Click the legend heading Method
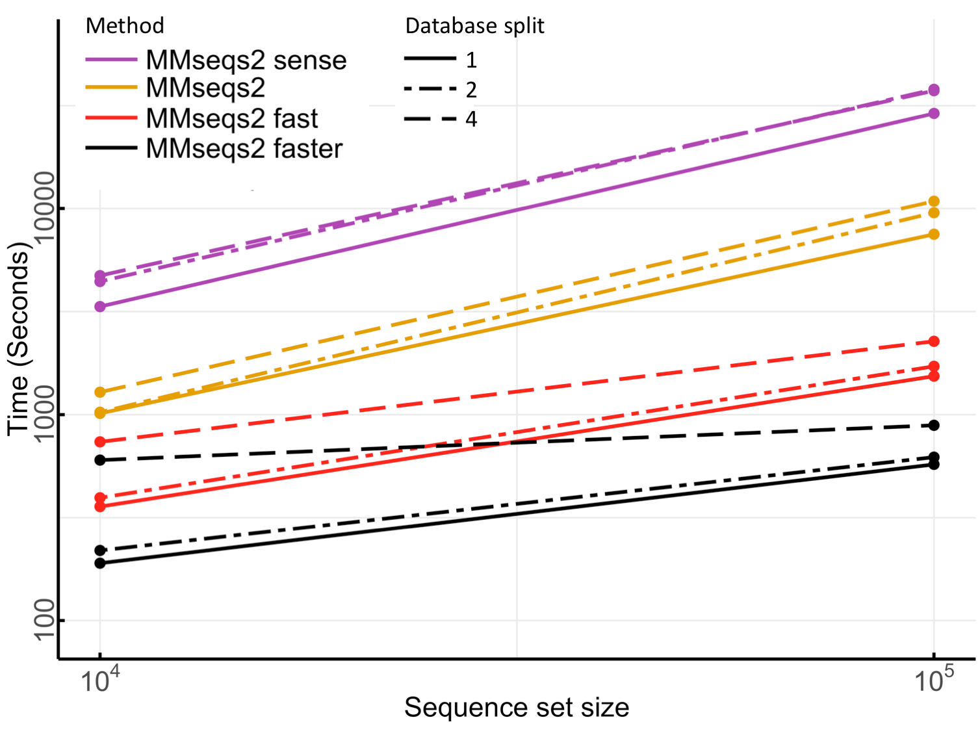tap(125, 26)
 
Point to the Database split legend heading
tap(474, 26)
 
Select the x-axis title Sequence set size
tap(517, 708)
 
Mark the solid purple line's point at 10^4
tap(100, 306)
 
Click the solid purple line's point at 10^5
tap(934, 114)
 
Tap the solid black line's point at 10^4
tap(100, 563)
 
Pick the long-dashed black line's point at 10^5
tap(934, 425)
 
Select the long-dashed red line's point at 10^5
tap(934, 341)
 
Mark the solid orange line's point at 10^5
tap(934, 234)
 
